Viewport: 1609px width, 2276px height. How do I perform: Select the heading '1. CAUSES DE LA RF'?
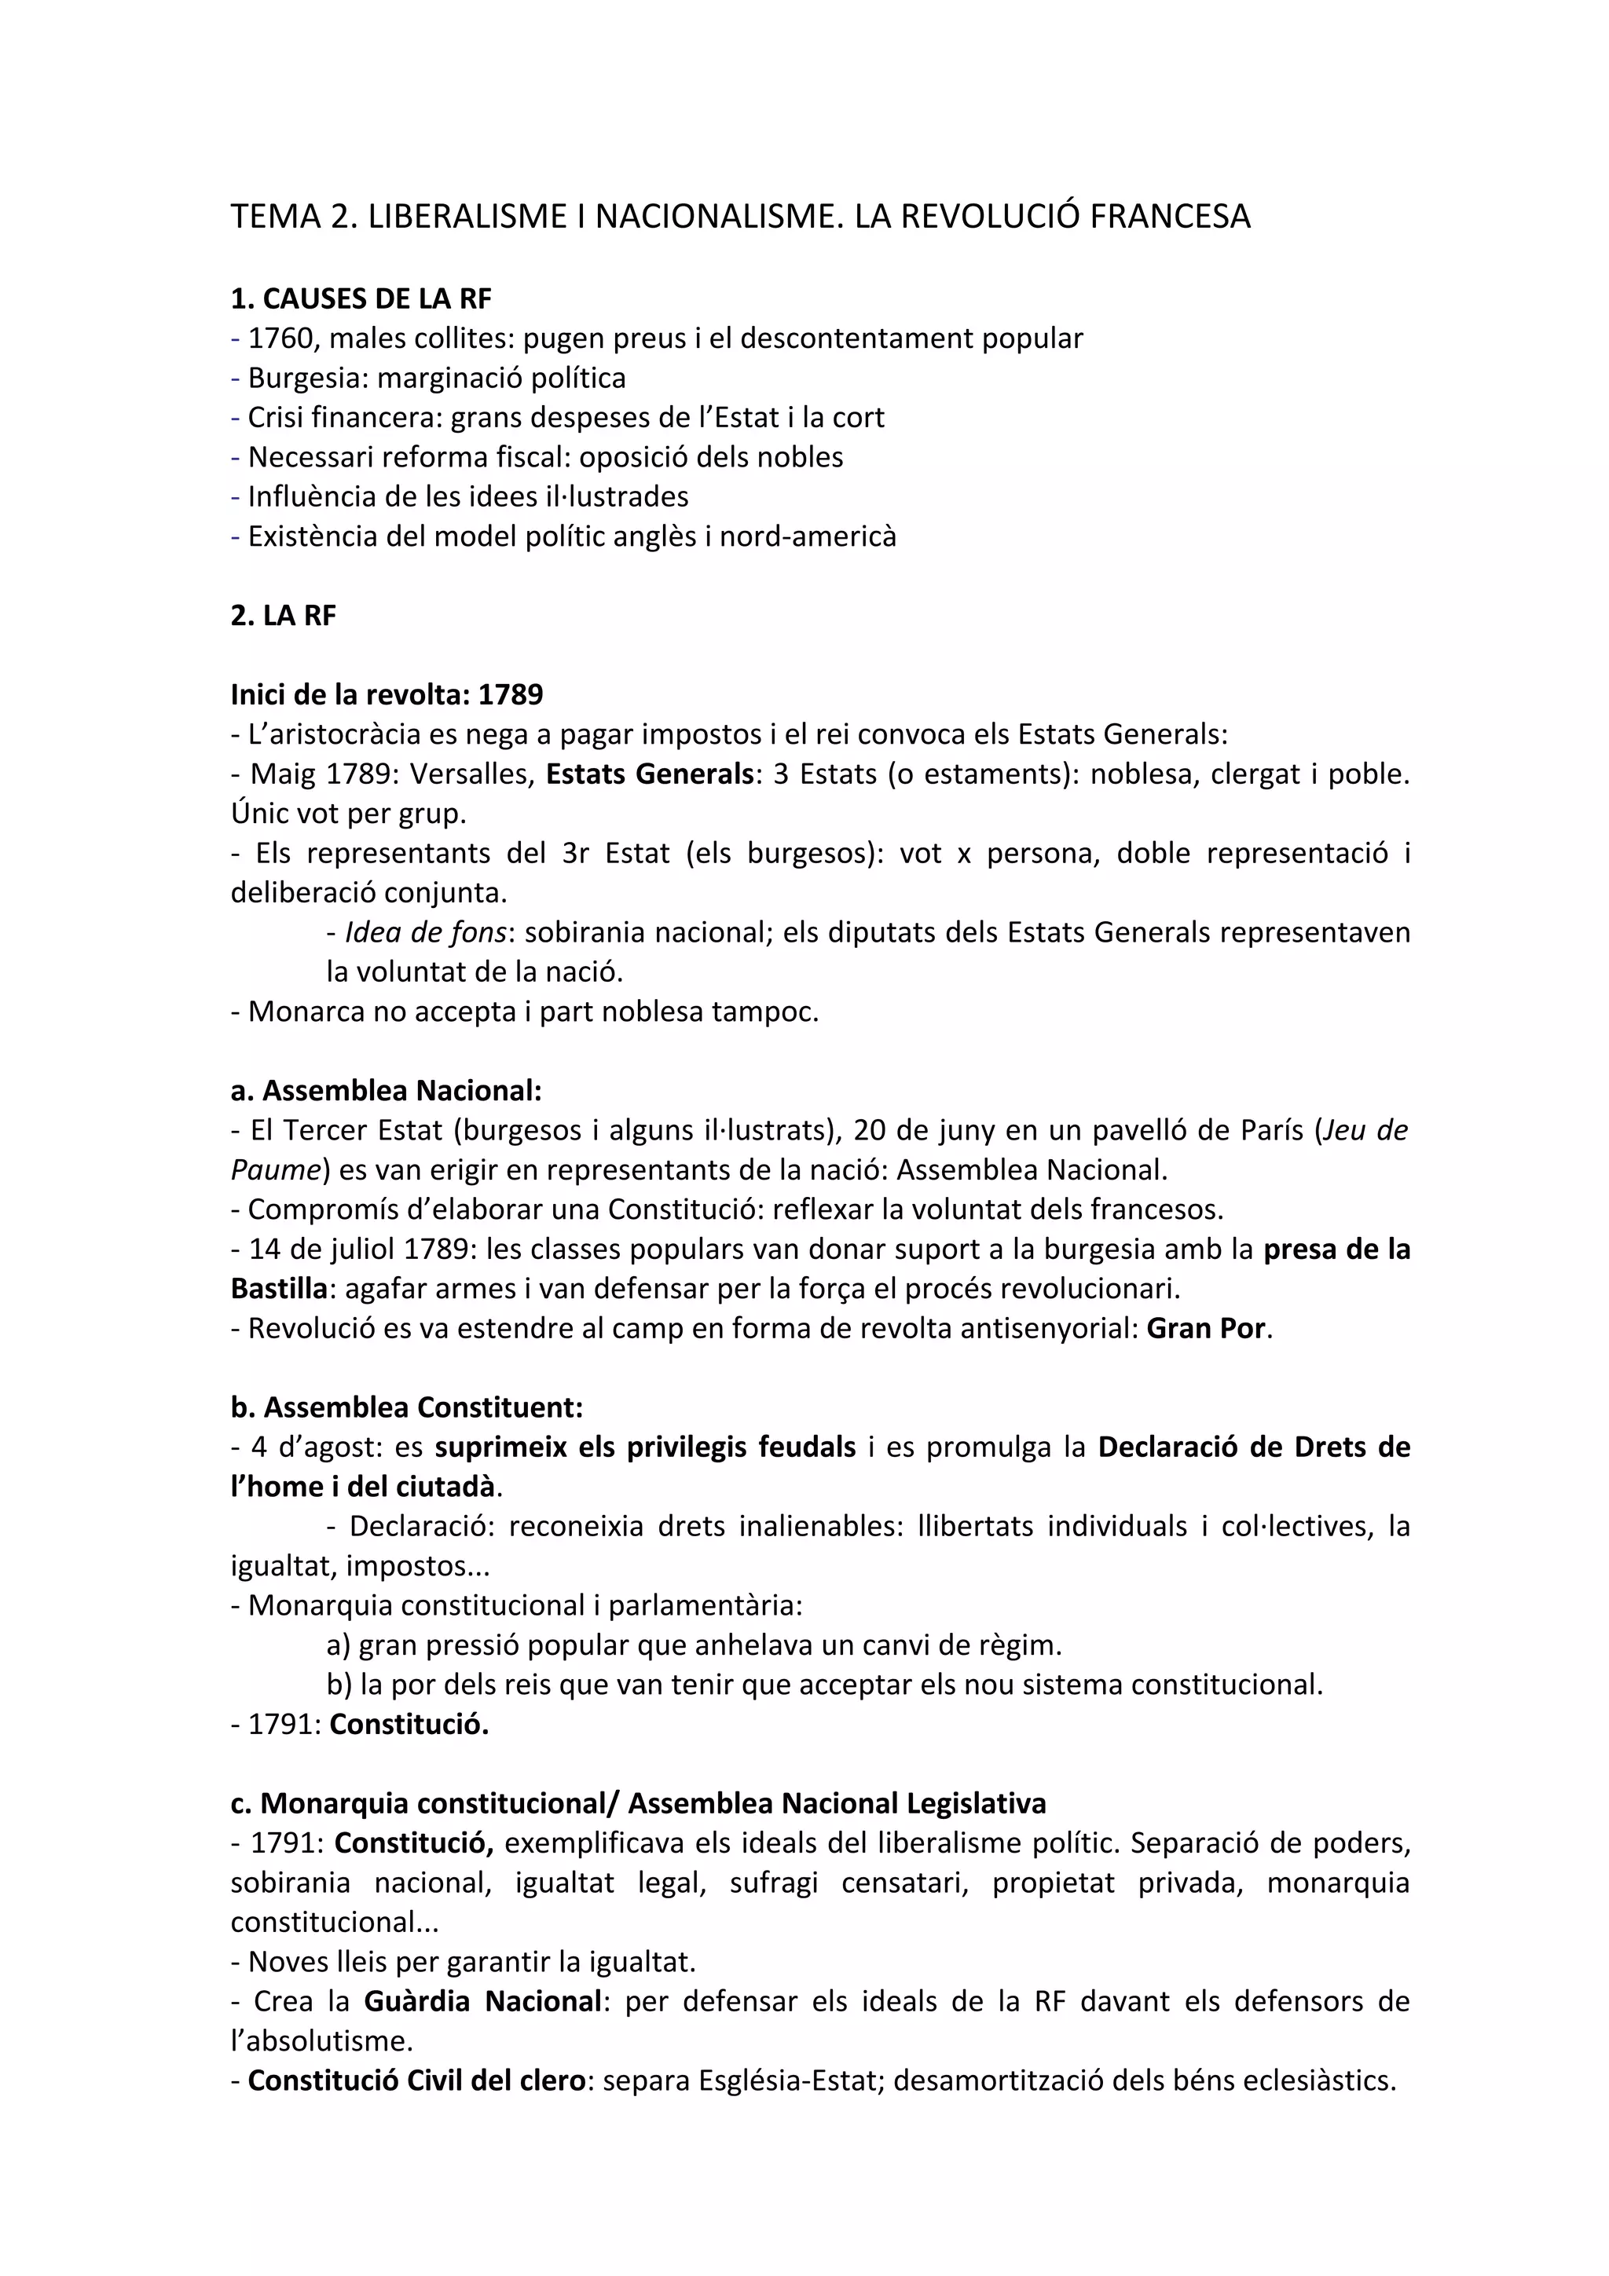(x=361, y=298)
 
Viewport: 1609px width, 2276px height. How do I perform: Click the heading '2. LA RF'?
(x=284, y=616)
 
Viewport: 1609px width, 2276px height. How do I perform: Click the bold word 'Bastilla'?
(x=279, y=1289)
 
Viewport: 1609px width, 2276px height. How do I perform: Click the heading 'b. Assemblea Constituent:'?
(x=406, y=1407)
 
